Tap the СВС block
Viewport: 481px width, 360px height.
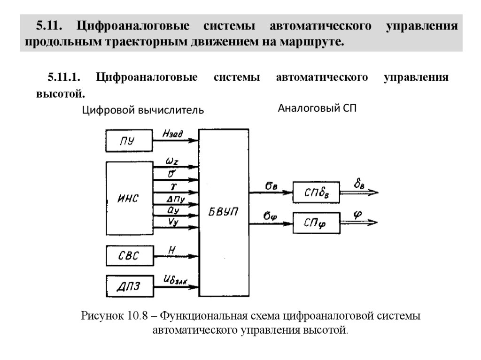(129, 257)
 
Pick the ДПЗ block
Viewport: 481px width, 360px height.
(129, 285)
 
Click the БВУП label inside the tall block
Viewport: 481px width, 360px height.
(224, 212)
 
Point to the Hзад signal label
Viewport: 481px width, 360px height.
(172, 134)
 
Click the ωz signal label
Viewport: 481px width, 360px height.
(171, 161)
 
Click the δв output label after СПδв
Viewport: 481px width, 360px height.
(359, 184)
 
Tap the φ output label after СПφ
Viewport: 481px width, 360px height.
(358, 214)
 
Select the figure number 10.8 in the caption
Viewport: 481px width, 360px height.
(137, 316)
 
